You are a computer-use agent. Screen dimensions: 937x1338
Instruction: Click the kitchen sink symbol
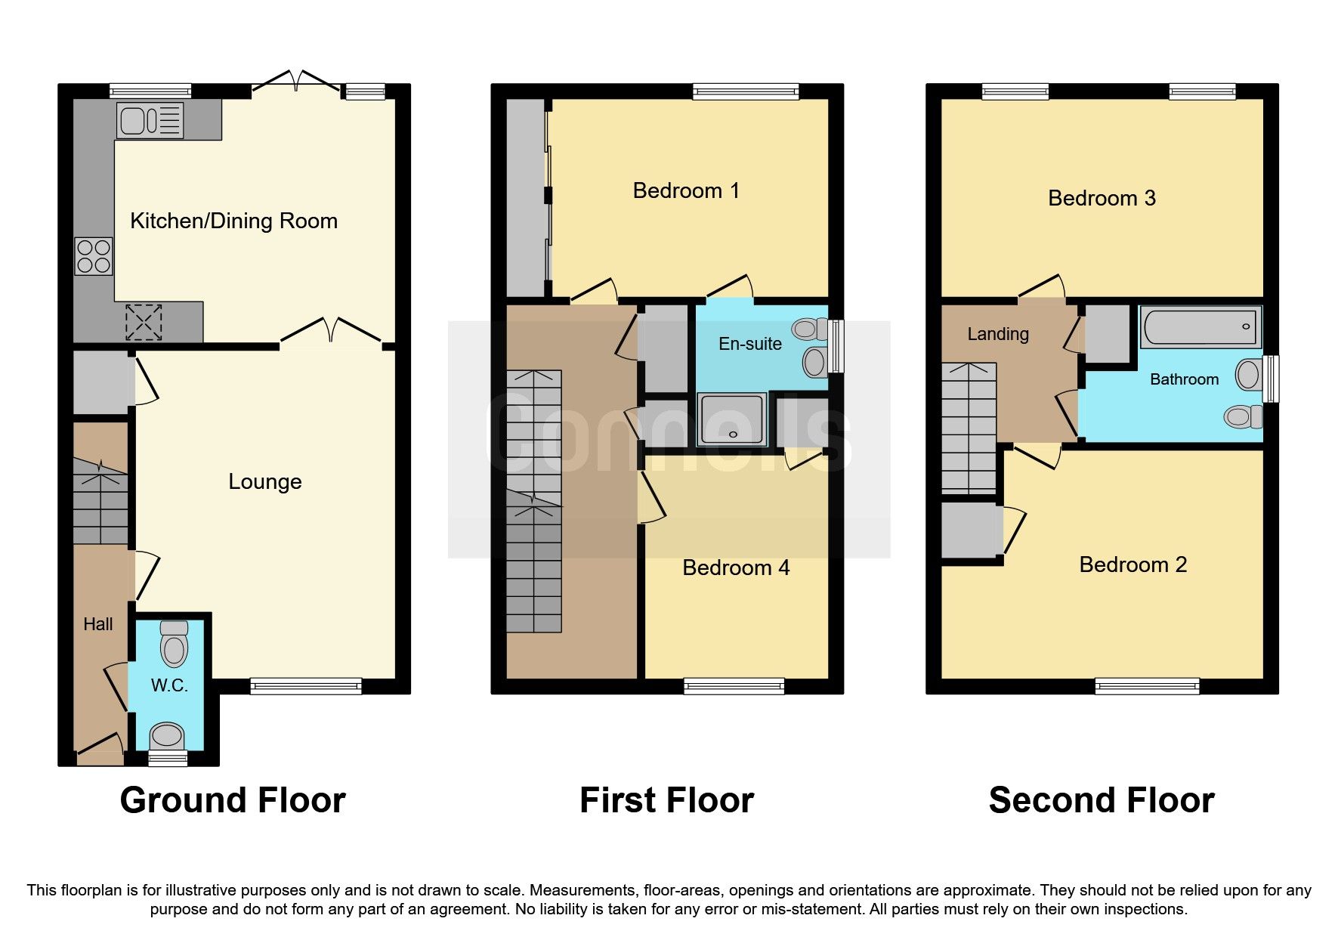[150, 121]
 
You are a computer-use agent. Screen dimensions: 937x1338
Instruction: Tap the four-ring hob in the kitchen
[94, 256]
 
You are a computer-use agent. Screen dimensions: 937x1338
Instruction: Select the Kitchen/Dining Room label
[233, 221]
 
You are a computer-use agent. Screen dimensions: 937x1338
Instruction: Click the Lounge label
[265, 481]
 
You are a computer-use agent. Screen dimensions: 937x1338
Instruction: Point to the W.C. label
[169, 685]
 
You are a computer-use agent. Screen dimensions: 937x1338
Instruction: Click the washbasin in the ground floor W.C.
[167, 735]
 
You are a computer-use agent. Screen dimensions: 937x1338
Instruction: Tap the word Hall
[98, 624]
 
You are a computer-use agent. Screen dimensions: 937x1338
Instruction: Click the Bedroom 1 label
[686, 190]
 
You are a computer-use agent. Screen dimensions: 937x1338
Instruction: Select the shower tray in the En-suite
[731, 419]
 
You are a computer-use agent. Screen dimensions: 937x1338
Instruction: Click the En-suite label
[749, 344]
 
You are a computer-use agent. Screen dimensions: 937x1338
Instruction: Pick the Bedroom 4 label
[736, 567]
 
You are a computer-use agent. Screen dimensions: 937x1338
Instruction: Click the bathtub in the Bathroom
[1200, 327]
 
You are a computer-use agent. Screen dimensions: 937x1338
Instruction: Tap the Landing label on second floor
[998, 334]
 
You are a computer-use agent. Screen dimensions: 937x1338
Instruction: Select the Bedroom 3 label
[1102, 198]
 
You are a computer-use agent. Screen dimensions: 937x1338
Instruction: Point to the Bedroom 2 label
[1133, 564]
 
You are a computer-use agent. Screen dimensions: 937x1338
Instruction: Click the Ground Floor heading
[233, 800]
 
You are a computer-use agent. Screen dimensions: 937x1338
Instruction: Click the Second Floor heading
[1101, 800]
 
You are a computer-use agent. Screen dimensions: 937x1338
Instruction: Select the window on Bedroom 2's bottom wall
[1147, 686]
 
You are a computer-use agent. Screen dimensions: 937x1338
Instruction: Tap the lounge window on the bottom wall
[306, 686]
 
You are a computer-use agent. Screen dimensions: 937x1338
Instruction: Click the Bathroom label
[1184, 379]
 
